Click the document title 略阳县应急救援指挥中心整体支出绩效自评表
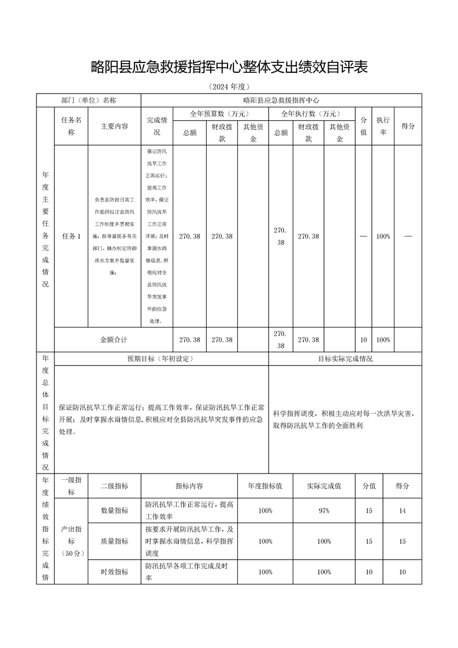(229, 67)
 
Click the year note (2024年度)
(229, 87)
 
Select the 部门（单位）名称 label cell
(89, 100)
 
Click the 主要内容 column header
(114, 126)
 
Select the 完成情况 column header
(157, 126)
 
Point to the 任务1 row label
(71, 236)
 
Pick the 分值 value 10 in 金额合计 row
(363, 340)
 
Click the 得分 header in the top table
(408, 126)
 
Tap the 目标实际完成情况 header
(345, 359)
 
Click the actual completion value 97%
(323, 511)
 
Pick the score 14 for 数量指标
(403, 511)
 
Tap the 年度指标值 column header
(265, 486)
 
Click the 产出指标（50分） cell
(71, 541)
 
